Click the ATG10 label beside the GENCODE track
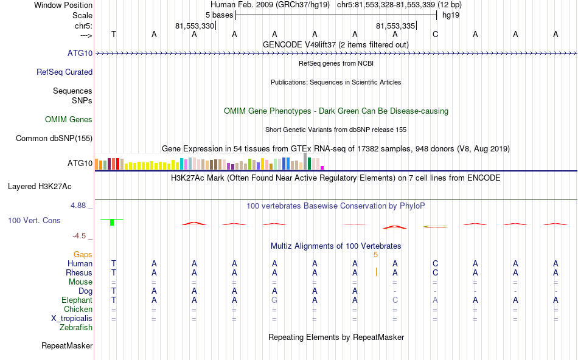[x=80, y=53]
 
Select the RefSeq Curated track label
[x=64, y=72]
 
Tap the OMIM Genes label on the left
[x=69, y=119]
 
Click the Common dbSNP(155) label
[x=54, y=138]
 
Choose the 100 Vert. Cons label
[x=35, y=220]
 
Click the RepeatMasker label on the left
[x=67, y=346]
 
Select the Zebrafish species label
[x=76, y=327]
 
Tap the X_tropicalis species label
[x=72, y=318]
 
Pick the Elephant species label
[x=77, y=300]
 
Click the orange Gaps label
[x=83, y=254]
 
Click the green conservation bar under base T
[x=112, y=222]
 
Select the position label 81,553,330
[x=195, y=26]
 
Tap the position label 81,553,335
[x=395, y=26]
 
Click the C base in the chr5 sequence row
[x=435, y=34]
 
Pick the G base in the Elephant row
[x=274, y=300]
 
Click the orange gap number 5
[x=376, y=254]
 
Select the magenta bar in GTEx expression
[x=322, y=167]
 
